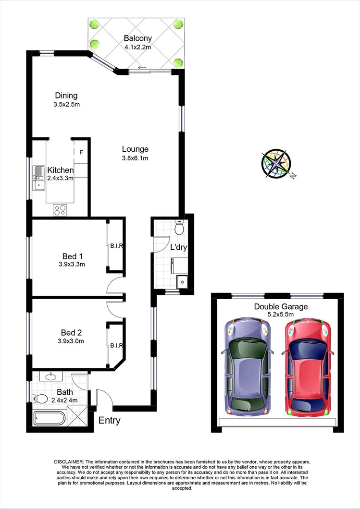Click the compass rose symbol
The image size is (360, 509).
tap(276, 164)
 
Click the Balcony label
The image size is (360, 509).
tap(137, 38)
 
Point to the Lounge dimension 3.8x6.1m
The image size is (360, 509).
tap(135, 158)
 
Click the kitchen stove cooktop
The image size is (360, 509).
tap(60, 209)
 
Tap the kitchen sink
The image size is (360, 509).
tap(38, 177)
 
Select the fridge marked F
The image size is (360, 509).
tap(81, 153)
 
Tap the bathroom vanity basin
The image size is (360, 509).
tap(50, 377)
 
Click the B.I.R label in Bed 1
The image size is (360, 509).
tap(117, 246)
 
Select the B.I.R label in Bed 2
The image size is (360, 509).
tap(117, 345)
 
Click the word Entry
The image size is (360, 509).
tap(109, 421)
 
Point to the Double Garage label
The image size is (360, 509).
tap(281, 307)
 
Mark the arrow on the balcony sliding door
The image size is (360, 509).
tap(142, 68)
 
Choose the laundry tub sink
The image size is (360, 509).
tap(182, 282)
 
